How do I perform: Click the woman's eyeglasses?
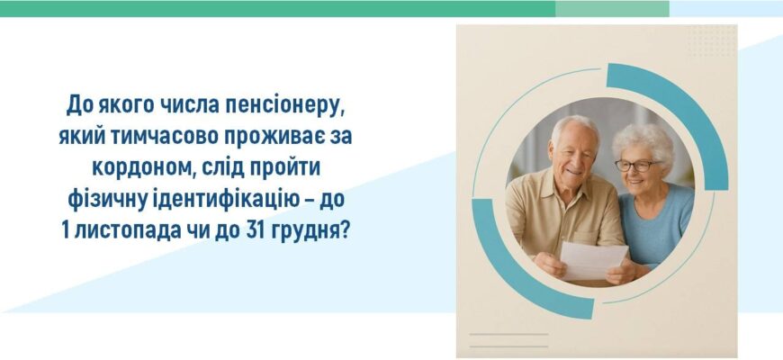634,166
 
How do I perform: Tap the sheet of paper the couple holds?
593,261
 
